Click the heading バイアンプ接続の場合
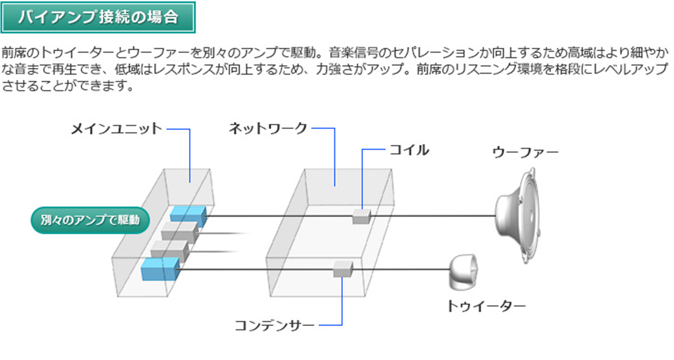(98, 17)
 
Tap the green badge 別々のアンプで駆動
(90, 220)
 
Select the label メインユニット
(117, 129)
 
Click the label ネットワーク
(268, 129)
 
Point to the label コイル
(409, 150)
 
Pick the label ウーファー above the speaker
(525, 152)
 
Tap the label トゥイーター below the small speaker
(486, 306)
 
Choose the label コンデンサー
(274, 326)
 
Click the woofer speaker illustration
(519, 216)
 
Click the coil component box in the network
(361, 216)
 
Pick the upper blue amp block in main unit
(188, 215)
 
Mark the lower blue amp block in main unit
(160, 269)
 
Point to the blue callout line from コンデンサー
(342, 304)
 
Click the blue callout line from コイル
(362, 176)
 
